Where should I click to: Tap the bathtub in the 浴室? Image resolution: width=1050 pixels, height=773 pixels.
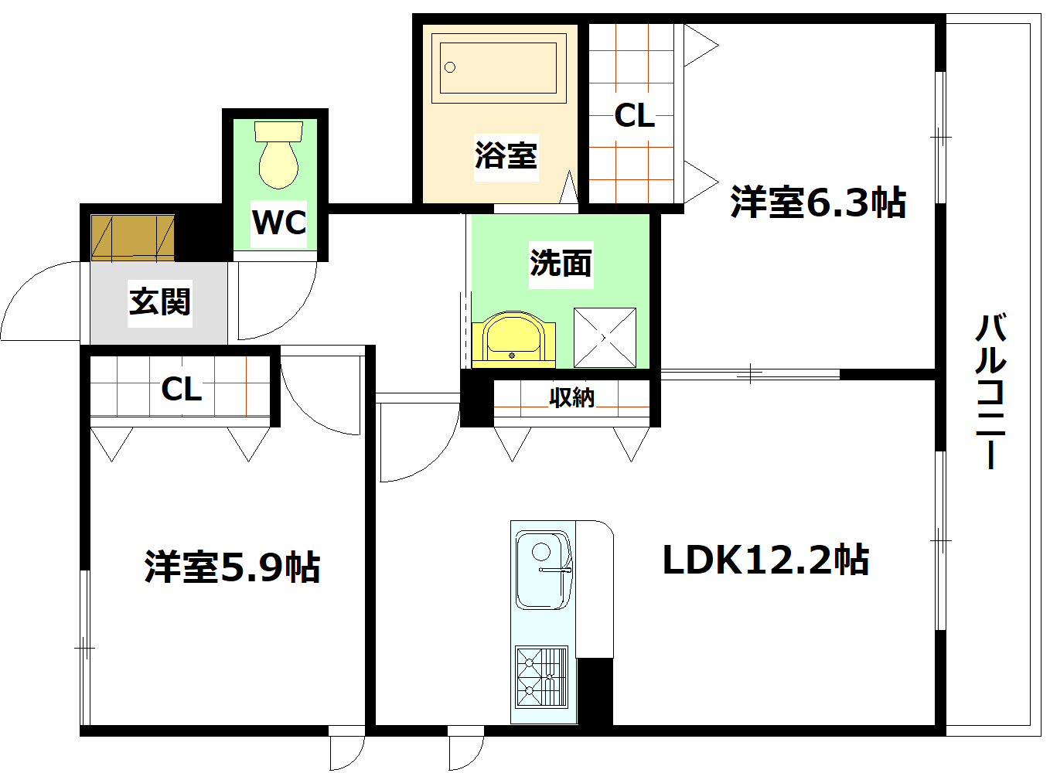coord(498,68)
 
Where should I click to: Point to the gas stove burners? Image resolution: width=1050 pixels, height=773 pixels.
coord(540,676)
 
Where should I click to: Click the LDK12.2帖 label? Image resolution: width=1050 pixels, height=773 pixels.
coord(765,560)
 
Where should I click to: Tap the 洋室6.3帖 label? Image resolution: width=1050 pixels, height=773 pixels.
coord(817,203)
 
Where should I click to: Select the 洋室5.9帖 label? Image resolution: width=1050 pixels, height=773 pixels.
coord(232,567)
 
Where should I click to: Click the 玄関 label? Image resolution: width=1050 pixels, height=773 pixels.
coord(159,301)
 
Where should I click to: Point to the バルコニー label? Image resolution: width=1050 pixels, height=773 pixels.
coord(990,390)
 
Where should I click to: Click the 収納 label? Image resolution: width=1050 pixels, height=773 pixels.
coord(571,397)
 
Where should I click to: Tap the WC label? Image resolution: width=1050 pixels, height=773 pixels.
coord(279,223)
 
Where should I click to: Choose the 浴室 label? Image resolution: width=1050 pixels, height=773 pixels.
coord(506,155)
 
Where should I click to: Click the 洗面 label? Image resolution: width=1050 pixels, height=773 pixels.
coord(561,264)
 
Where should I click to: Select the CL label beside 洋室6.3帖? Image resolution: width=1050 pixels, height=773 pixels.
coord(634,116)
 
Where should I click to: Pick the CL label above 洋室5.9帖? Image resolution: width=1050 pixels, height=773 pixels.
coord(182,389)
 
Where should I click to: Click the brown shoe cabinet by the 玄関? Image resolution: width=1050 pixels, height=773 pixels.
coord(132,237)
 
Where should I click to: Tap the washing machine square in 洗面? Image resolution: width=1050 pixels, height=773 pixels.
coord(605,338)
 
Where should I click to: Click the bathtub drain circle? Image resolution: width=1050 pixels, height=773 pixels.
coord(450,67)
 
